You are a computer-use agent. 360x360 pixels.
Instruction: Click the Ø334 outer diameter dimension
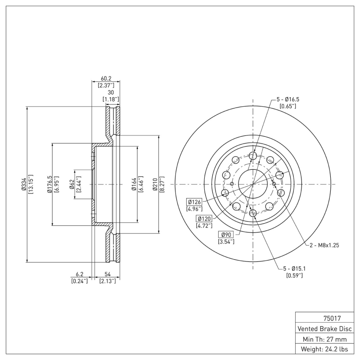pyautogui.click(x=23, y=185)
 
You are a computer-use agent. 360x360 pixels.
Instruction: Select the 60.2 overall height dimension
pyautogui.click(x=106, y=78)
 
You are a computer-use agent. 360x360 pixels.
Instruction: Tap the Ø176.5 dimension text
pyautogui.click(x=50, y=185)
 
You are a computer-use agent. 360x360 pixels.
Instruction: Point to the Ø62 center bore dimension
pyautogui.click(x=72, y=185)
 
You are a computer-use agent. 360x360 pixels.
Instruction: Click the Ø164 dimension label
pyautogui.click(x=134, y=185)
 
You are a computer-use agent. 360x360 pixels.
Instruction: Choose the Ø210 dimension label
pyautogui.click(x=155, y=185)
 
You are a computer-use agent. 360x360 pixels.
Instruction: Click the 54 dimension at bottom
pyautogui.click(x=108, y=274)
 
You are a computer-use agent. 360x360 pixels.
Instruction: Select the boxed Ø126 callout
pyautogui.click(x=194, y=202)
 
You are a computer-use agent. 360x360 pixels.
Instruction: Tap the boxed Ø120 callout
pyautogui.click(x=204, y=218)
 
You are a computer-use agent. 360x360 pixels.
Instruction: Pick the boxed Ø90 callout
pyautogui.click(x=225, y=234)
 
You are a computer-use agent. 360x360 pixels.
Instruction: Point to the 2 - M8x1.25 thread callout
pyautogui.click(x=324, y=245)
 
